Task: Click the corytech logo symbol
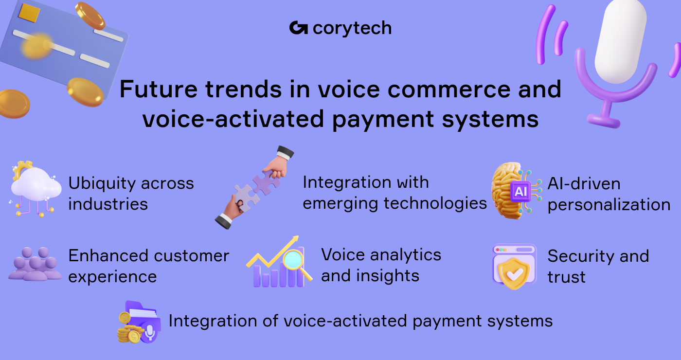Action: point(298,28)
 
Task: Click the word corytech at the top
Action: point(352,29)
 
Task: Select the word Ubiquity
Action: point(102,183)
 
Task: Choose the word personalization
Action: point(609,204)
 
